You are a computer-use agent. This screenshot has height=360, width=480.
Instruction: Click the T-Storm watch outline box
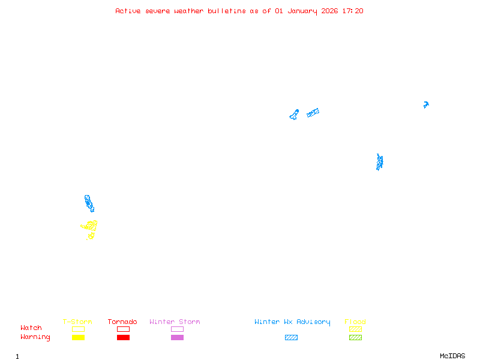78,329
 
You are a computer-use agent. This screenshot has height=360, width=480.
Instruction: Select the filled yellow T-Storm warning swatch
78,337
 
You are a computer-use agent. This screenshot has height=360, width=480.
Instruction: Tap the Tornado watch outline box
123,329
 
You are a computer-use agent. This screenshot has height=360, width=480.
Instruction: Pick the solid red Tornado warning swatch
123,337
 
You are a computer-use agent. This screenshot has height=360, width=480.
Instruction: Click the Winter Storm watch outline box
177,329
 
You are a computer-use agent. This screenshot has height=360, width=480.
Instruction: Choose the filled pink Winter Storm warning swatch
177,337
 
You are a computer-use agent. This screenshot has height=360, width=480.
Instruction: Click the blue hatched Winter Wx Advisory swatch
291,337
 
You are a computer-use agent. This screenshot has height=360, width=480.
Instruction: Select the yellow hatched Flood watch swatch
355,329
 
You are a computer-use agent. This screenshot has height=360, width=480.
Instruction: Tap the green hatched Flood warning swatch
355,337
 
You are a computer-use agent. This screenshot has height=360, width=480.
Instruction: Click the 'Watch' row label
31,328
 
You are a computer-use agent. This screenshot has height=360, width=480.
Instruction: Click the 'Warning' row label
35,337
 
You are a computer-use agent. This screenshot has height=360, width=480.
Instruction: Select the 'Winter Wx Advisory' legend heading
292,322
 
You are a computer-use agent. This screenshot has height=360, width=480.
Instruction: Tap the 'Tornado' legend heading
122,322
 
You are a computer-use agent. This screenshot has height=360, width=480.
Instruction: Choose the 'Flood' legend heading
355,322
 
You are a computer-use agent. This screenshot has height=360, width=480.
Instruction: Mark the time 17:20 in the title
353,11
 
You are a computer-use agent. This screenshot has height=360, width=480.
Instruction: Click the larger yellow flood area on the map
91,226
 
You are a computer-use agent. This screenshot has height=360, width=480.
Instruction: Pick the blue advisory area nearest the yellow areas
89,203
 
